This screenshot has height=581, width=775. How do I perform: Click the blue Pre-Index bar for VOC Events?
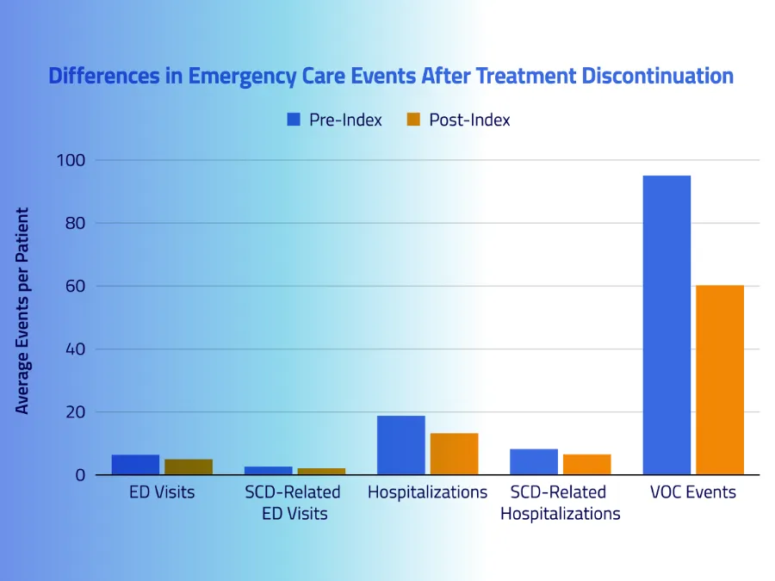[666, 324]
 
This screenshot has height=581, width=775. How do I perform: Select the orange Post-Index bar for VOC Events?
[720, 380]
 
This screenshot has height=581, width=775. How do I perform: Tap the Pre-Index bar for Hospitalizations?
[401, 445]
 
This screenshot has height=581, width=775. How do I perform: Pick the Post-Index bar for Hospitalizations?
[454, 454]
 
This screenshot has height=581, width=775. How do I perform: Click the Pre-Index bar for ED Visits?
[135, 465]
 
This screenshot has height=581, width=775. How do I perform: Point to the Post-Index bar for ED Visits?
[189, 467]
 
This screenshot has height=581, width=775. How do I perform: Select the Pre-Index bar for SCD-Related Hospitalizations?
[534, 462]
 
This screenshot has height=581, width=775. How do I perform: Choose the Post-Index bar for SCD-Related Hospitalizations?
[586, 465]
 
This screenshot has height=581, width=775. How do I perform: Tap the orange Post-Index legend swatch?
[413, 120]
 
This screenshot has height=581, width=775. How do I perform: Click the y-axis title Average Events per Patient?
[22, 310]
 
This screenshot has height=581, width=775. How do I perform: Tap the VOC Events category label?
[693, 493]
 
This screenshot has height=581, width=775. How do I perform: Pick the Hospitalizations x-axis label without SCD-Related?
[427, 493]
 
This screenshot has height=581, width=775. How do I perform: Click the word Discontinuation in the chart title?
[658, 76]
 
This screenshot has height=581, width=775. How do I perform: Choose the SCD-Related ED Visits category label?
[293, 503]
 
